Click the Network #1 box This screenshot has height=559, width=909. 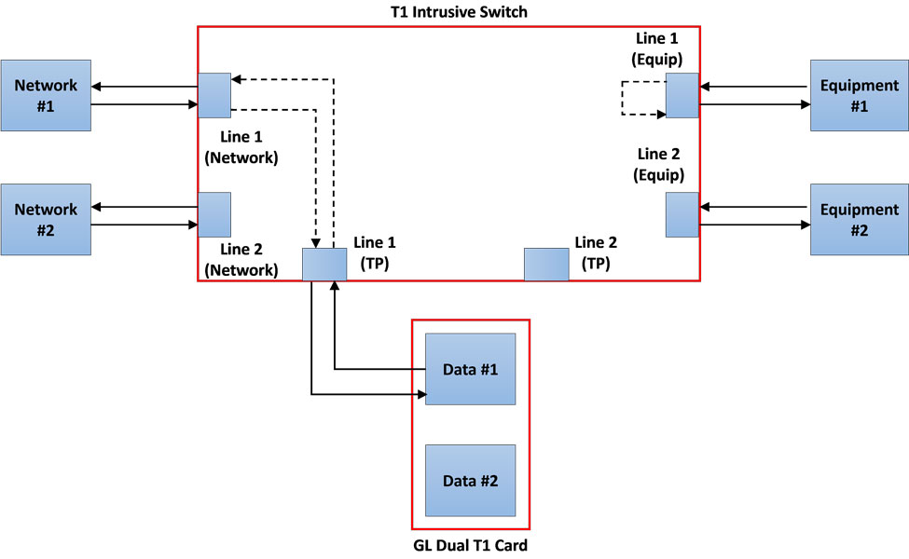point(46,95)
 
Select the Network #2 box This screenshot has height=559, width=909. point(46,219)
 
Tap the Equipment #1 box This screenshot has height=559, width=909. point(859,95)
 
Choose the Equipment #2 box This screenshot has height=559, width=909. point(859,219)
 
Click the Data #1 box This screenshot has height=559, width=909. point(470,369)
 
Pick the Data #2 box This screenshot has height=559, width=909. point(470,481)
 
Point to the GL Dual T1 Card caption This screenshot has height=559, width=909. point(471,545)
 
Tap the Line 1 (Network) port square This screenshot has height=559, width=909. point(214,95)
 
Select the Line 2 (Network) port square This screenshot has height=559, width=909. point(214,214)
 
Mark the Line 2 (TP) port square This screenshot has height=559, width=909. point(546,264)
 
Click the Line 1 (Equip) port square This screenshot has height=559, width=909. point(682,96)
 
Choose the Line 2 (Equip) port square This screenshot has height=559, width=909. point(682,214)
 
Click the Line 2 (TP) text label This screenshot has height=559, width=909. point(597,252)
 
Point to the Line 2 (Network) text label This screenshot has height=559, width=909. point(241,260)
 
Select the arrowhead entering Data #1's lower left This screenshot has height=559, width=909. point(420,394)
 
